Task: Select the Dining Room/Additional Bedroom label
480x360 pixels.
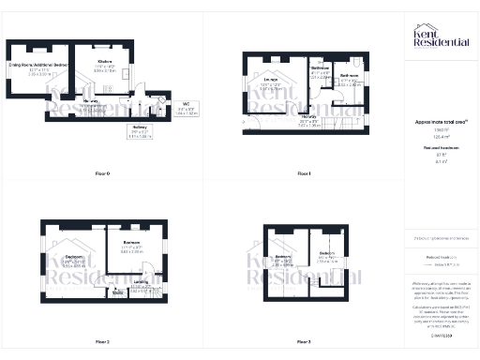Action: [x=37, y=65]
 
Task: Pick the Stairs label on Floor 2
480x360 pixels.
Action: [x=118, y=292]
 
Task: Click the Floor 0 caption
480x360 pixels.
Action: [x=102, y=173]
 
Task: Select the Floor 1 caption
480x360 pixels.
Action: [x=303, y=173]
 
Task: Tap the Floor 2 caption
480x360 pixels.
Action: [x=102, y=342]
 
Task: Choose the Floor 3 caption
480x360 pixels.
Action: [x=303, y=342]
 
